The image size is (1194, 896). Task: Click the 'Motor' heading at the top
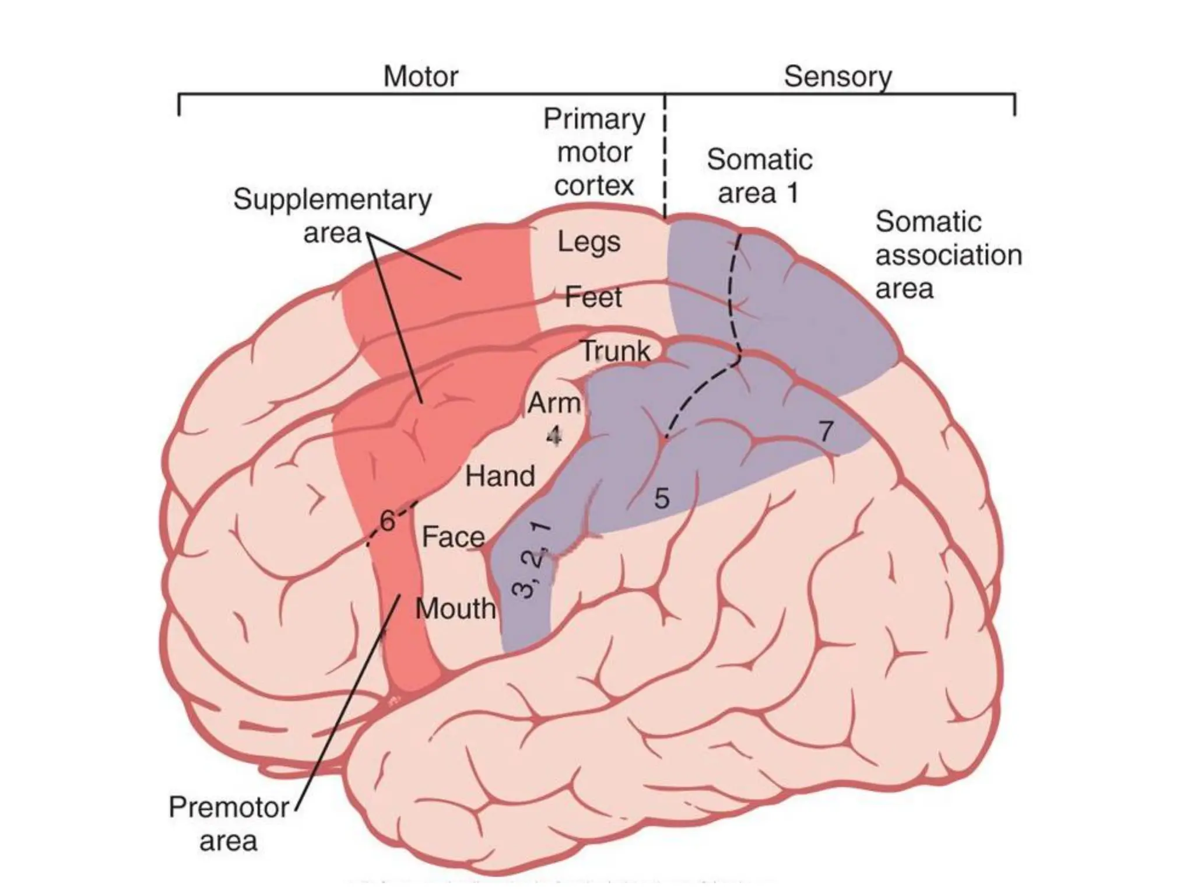click(420, 76)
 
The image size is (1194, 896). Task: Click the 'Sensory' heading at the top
click(837, 76)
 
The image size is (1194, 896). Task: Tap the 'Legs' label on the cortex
click(589, 242)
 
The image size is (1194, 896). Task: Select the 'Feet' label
click(593, 297)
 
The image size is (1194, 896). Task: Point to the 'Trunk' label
click(616, 351)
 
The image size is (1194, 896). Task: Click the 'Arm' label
click(554, 403)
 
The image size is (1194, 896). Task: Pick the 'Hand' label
click(500, 476)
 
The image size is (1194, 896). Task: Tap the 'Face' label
click(453, 537)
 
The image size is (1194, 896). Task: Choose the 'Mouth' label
click(455, 609)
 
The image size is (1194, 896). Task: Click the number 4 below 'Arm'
click(553, 435)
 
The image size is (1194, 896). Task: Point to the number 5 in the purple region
click(661, 498)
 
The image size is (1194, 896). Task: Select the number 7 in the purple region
click(826, 432)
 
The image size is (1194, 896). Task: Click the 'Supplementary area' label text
click(332, 216)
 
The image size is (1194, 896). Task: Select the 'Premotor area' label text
click(229, 824)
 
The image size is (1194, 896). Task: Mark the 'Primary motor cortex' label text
click(594, 152)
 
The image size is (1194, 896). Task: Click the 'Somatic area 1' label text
click(759, 176)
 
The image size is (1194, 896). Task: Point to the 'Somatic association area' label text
click(948, 255)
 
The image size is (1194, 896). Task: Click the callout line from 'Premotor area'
click(350, 700)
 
